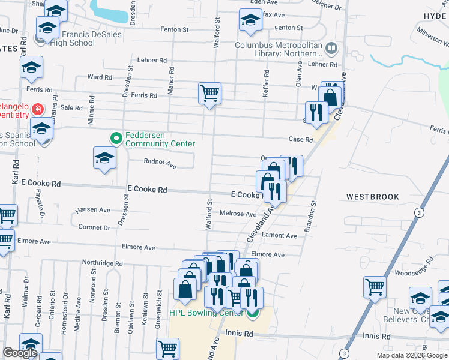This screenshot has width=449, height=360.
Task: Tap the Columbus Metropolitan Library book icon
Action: pos(331,47)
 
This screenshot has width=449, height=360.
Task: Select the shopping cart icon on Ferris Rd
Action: pos(209,93)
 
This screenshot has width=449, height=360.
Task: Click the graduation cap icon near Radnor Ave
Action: pos(104,158)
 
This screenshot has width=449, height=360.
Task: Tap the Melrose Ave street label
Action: pos(238,214)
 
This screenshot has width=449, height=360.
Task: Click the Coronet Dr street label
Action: pos(94,227)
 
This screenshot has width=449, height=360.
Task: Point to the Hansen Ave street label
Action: pos(92,210)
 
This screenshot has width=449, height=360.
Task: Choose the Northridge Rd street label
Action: pos(102,263)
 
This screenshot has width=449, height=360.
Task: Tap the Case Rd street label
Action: pos(301,140)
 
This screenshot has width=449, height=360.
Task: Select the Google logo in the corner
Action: pos(20,353)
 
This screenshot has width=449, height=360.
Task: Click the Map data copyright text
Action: pos(411,355)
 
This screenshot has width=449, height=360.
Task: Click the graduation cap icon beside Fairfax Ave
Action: pos(250,20)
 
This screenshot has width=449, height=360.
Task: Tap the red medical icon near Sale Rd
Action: pos(37,109)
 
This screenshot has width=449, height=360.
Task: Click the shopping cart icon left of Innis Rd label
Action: pos(167,347)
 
